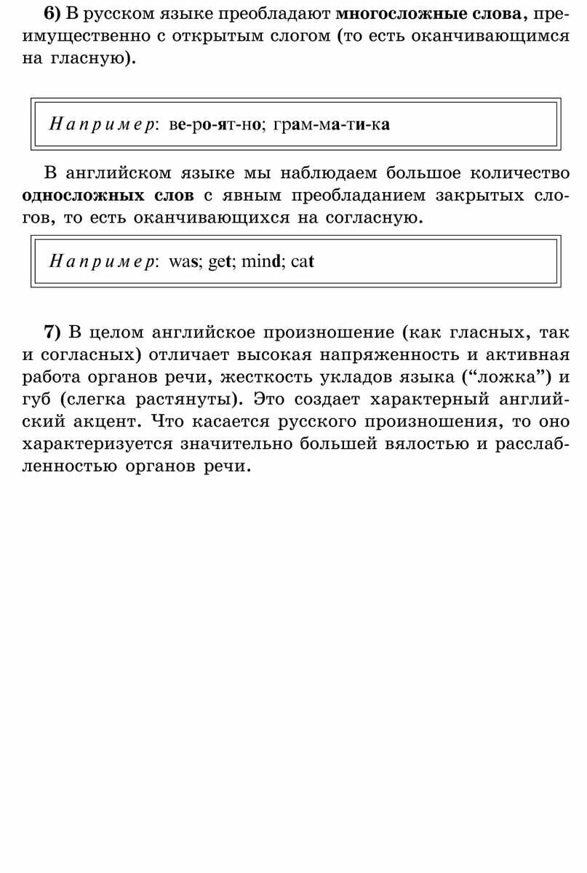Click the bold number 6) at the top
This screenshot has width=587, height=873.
click(55, 14)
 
